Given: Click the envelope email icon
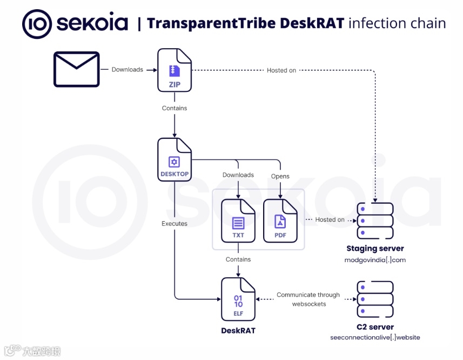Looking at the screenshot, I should tap(76, 69).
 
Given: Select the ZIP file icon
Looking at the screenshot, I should tap(175, 70).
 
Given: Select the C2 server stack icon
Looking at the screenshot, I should tap(375, 299).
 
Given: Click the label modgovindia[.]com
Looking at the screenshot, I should tap(375, 260).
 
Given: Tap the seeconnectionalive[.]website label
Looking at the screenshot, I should tap(375, 338).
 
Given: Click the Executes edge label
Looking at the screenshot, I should tap(175, 223).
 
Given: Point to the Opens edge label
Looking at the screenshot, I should tap(280, 176).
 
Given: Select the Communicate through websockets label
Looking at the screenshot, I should tap(308, 299).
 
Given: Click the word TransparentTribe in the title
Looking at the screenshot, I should tap(212, 23).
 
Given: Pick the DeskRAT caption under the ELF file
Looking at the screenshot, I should tap(238, 330).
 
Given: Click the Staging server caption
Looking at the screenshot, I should tap(375, 249).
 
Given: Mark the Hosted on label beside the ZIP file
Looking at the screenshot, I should tap(281, 70).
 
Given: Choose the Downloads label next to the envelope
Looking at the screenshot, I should tap(128, 69).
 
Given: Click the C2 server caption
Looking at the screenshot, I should tap(375, 327).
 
